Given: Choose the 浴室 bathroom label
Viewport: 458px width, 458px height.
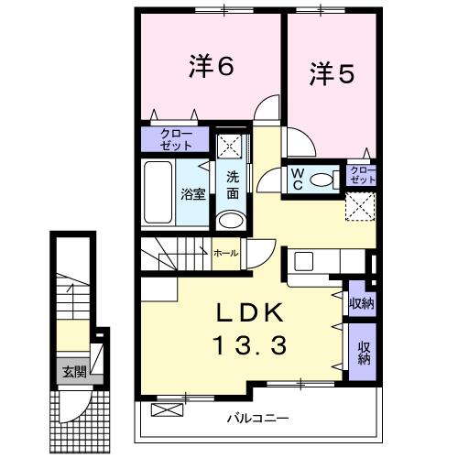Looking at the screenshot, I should (x=192, y=194).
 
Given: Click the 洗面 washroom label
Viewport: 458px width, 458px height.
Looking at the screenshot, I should (x=233, y=185).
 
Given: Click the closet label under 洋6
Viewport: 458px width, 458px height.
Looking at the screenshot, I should (x=174, y=139).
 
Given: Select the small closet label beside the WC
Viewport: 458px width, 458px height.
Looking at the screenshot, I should (x=361, y=175).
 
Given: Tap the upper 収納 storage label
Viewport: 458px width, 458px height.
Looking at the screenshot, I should (x=361, y=303).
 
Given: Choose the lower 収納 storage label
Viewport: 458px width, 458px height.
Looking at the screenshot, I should (x=364, y=352).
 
